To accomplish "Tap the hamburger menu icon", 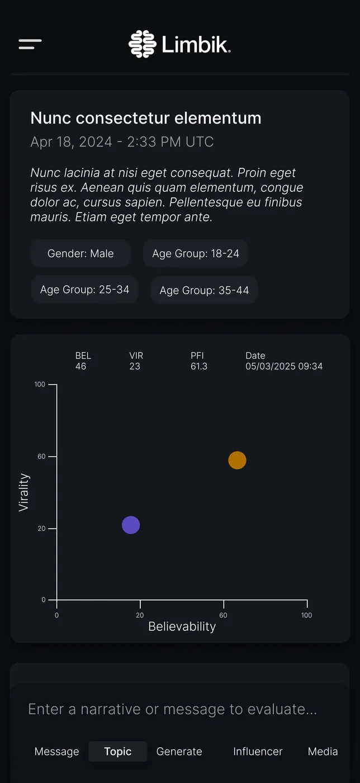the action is click(30, 44).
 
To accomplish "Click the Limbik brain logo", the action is click(142, 44).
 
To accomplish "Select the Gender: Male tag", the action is click(80, 253).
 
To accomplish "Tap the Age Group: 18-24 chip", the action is click(196, 253).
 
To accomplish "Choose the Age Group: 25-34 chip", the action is click(85, 290).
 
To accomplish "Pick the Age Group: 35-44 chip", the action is click(204, 290).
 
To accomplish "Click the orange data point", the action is click(238, 460).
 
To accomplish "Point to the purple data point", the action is click(131, 525).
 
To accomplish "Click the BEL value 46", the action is click(80, 366).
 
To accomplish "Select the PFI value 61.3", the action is click(199, 366).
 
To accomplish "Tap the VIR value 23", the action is click(135, 366).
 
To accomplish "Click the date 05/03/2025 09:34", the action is click(284, 366).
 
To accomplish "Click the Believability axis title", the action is click(182, 626).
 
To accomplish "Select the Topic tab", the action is click(118, 751).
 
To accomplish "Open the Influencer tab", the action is click(258, 751).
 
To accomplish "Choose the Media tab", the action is click(323, 751).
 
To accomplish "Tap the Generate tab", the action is click(179, 751).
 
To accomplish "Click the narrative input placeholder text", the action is click(173, 709).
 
